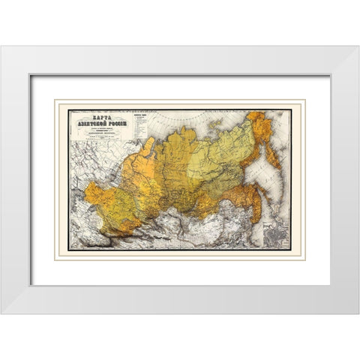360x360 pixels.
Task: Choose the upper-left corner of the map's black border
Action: (69, 110)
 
